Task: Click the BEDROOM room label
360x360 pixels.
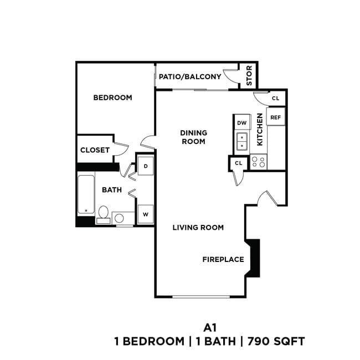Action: [x=112, y=98]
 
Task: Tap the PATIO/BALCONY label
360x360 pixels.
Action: [x=190, y=77]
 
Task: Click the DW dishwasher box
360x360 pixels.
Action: [x=241, y=123]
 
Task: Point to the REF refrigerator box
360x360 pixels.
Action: [x=275, y=117]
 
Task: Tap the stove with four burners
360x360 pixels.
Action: [x=258, y=162]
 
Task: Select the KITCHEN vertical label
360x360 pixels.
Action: [x=259, y=130]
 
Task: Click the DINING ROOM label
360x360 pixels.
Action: [x=193, y=137]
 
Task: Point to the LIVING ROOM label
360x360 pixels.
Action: [x=198, y=227]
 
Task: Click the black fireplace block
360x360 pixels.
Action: [x=254, y=258]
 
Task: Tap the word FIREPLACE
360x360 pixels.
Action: [x=223, y=259]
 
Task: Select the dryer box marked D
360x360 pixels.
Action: [x=146, y=166]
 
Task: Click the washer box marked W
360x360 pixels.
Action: [x=146, y=214]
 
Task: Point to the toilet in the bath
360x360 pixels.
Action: [x=104, y=214]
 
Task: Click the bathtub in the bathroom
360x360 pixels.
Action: [x=85, y=194]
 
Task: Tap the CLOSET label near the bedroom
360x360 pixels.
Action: [x=95, y=150]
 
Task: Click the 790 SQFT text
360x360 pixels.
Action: [x=277, y=341]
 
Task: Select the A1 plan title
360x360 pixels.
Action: [x=208, y=327]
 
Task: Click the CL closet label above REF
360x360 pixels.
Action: [x=276, y=99]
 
